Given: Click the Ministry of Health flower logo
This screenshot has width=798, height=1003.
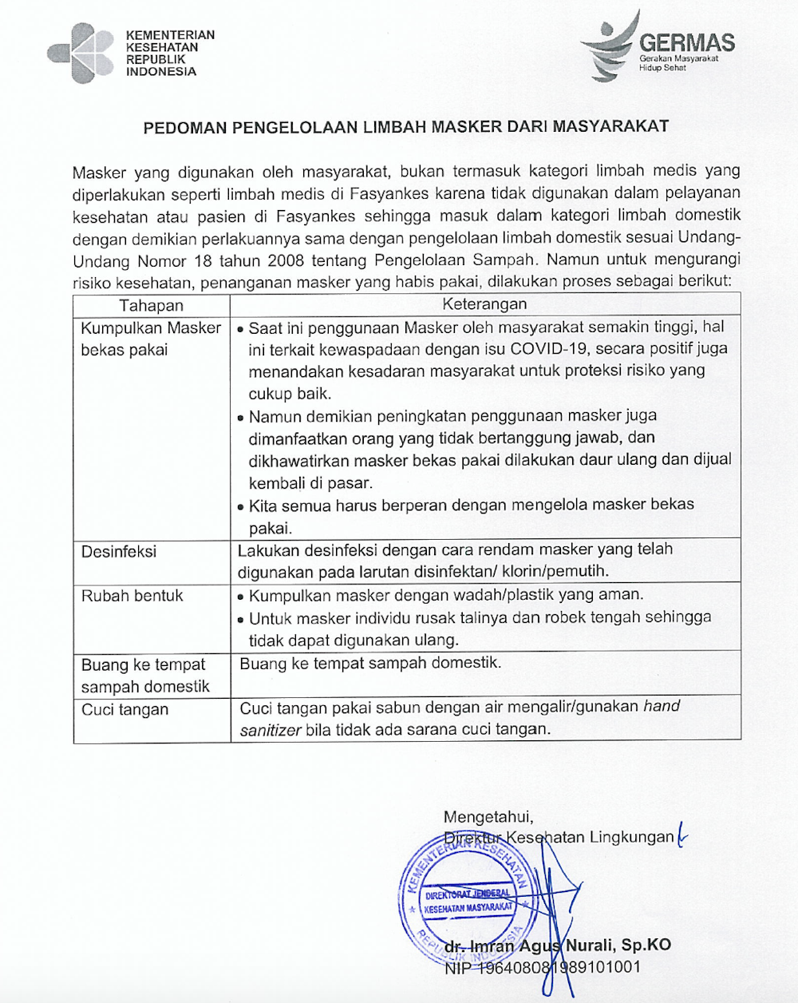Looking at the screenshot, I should coord(81,54).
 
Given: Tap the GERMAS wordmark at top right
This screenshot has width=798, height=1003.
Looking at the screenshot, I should coord(687,42).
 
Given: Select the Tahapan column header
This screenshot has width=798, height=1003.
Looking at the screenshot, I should coord(152,305).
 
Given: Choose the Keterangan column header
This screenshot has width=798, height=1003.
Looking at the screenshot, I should coord(484,304).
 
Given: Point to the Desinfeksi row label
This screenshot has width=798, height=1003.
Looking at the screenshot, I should coord(119,552).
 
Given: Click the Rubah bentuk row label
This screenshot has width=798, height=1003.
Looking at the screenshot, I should coord(132,596).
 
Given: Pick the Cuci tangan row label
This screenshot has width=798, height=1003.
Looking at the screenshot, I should coord(125,709).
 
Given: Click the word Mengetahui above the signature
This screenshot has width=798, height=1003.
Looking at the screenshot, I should coord(488,817).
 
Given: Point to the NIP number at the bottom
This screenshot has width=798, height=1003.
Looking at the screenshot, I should coord(542,967).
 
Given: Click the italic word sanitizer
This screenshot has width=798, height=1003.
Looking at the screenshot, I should coord(270,729).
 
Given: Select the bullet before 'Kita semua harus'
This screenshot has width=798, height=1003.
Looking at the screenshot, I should coord(240,506).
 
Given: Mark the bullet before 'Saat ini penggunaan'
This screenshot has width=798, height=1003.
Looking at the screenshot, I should coord(240,328).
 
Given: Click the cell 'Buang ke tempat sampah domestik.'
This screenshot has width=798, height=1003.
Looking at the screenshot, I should coord(370,663).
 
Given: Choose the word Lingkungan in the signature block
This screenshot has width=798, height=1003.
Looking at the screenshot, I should coord(631,838).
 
